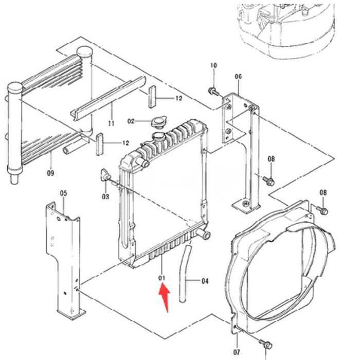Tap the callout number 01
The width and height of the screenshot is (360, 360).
[x=163, y=278]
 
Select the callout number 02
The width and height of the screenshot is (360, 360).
[x=131, y=121]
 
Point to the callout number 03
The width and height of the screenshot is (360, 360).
[x=105, y=197]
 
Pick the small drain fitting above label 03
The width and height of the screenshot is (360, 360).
[x=106, y=177]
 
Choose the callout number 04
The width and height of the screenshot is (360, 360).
[x=205, y=281]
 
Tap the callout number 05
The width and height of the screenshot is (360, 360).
[x=63, y=193]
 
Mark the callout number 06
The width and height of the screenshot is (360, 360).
[x=238, y=77]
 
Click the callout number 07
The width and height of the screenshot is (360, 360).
[x=237, y=352]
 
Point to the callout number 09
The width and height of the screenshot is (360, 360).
[x=50, y=173]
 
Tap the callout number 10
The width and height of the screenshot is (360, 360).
[x=214, y=65]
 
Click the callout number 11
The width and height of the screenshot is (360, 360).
[x=111, y=123]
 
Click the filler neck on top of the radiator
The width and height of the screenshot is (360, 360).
[x=160, y=137]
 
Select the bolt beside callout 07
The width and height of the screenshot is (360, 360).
[x=265, y=343]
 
